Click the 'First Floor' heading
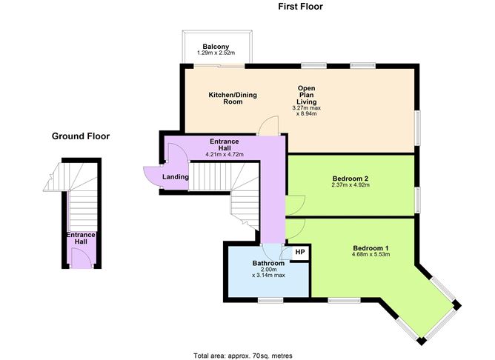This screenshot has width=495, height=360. [300, 7]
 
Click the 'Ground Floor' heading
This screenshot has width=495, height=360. [81, 136]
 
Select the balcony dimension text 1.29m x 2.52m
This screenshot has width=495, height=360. [215, 53]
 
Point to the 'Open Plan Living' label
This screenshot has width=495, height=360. [307, 93]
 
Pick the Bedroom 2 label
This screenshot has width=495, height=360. [351, 178]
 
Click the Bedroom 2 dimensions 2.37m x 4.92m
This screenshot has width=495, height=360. [351, 185]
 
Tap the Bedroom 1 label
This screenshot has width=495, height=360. [371, 247]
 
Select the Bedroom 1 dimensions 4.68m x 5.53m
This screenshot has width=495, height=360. [371, 255]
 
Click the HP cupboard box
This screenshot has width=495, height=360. [299, 253]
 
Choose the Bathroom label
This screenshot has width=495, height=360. [268, 263]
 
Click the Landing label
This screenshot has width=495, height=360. [176, 177]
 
